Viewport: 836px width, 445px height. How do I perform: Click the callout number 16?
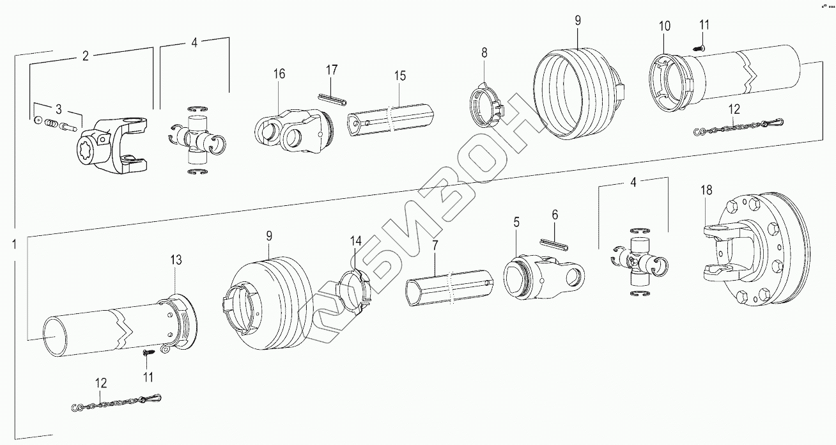point(279,74)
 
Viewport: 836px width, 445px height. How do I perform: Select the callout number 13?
point(176,260)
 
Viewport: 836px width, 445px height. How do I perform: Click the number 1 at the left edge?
point(13,243)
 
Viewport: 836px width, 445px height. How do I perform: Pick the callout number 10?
point(665,26)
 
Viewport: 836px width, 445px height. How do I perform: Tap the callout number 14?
point(355,241)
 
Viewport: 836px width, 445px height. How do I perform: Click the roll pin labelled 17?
point(332,98)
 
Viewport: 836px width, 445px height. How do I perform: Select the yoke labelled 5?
point(543,276)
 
